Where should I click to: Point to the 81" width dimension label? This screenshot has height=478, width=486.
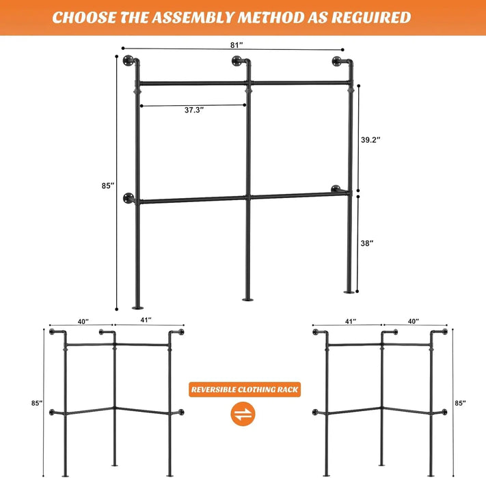point(237,45)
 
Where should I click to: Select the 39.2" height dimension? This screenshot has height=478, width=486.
point(370,139)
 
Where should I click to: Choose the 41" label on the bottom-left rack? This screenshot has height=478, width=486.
point(145,320)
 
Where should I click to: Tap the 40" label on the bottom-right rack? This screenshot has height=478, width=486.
point(414,320)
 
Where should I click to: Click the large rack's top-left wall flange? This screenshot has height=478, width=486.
point(128,64)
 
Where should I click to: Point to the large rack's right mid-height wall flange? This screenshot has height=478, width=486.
point(336,189)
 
